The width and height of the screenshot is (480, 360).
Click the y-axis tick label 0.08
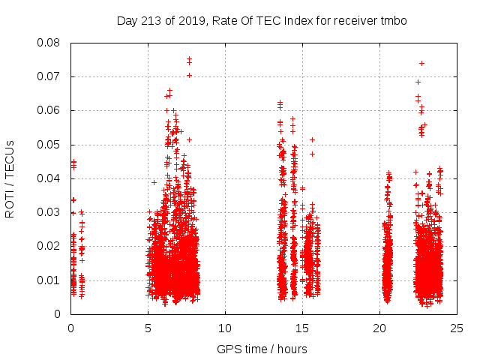click(x=50, y=43)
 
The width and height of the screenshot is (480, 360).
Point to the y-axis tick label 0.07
click(x=50, y=76)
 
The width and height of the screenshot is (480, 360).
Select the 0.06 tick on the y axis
click(x=50, y=110)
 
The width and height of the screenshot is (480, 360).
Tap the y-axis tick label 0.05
click(x=50, y=144)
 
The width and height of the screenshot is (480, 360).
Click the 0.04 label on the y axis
click(x=50, y=178)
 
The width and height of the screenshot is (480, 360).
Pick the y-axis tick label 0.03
click(x=50, y=212)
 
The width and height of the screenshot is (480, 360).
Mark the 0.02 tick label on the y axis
click(x=50, y=246)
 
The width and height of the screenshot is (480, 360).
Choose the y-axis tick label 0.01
click(x=50, y=280)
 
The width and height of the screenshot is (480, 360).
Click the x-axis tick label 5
click(x=148, y=328)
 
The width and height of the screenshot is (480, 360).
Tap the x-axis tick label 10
click(x=225, y=328)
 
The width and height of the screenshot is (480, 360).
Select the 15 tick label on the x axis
click(x=302, y=328)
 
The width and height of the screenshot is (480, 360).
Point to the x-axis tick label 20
click(x=379, y=328)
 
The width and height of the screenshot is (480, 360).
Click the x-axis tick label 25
click(x=457, y=328)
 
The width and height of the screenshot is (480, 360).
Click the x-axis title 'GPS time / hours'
click(x=262, y=349)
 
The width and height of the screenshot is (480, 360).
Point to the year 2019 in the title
click(x=191, y=21)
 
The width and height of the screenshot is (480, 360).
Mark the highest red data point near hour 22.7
click(x=421, y=63)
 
